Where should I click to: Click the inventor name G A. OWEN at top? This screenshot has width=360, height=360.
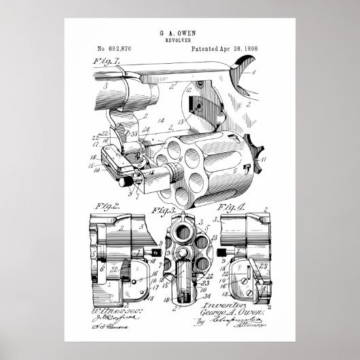point(179,32)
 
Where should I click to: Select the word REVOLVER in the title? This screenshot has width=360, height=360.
point(179,40)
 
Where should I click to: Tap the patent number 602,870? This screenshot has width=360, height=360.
point(119,50)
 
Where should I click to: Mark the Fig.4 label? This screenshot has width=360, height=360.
point(230,204)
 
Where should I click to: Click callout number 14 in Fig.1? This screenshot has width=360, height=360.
point(161,120)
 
